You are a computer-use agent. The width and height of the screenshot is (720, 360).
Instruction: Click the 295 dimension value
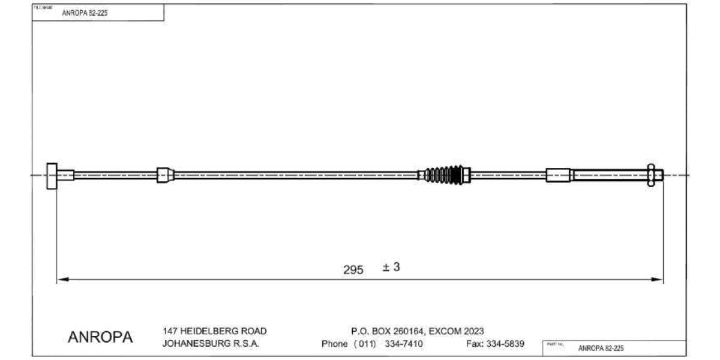(353, 270)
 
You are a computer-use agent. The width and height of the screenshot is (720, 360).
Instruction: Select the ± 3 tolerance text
(391, 267)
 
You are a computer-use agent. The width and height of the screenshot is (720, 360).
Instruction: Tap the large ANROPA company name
(100, 337)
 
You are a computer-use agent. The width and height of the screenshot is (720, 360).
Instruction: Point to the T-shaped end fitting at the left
(52, 175)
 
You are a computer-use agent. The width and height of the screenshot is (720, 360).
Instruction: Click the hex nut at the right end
(652, 175)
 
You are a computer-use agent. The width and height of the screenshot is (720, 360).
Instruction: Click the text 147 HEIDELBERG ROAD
(215, 331)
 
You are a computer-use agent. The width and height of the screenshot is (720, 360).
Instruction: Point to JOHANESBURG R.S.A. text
(211, 344)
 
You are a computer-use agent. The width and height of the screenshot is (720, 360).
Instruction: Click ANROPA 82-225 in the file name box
(85, 13)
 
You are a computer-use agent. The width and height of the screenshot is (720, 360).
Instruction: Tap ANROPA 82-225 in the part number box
(601, 348)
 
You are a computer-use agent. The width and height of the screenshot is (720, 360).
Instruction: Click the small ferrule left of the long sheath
(163, 175)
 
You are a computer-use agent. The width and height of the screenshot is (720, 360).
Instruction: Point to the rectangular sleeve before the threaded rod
(558, 175)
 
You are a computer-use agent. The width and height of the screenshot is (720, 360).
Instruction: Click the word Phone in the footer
(334, 344)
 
